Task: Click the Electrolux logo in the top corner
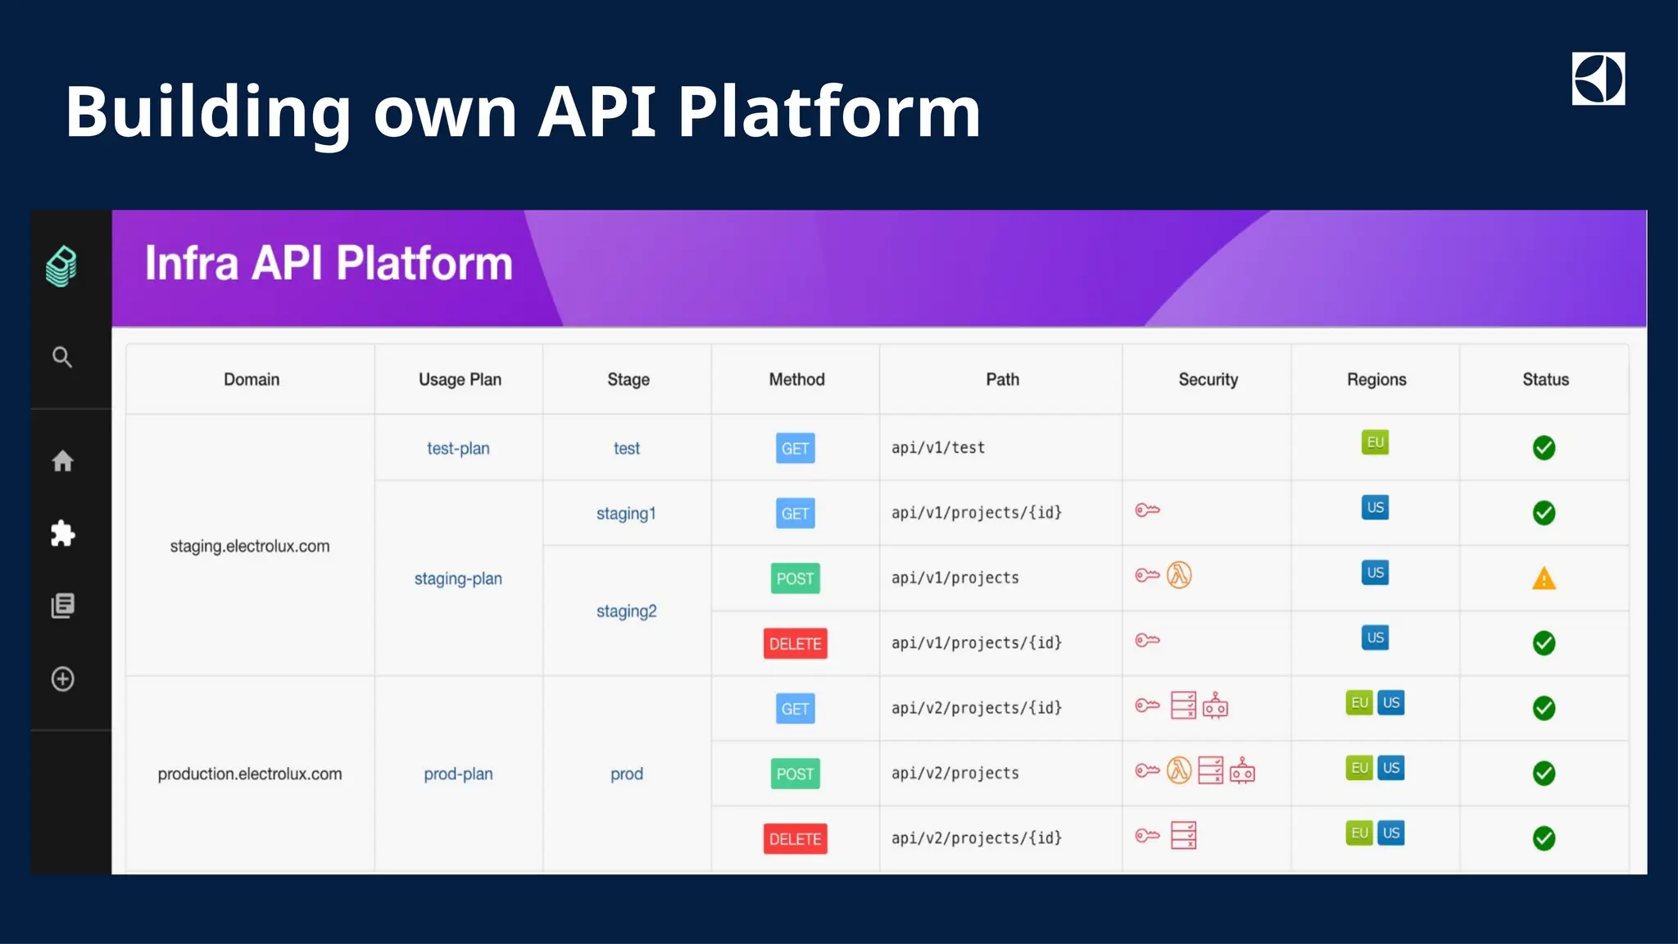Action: pyautogui.click(x=1598, y=79)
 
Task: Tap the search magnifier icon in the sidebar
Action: pyautogui.click(x=62, y=357)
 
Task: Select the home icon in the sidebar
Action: pyautogui.click(x=62, y=461)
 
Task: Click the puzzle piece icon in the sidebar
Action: pyautogui.click(x=62, y=533)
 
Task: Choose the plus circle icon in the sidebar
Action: pyautogui.click(x=62, y=679)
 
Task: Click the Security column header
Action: pyautogui.click(x=1208, y=379)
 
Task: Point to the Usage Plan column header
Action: pyautogui.click(x=460, y=379)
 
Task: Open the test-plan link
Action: pyautogui.click(x=458, y=448)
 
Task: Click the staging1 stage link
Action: pyautogui.click(x=626, y=514)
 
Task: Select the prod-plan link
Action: pyautogui.click(x=458, y=774)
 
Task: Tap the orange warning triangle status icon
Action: pyautogui.click(x=1544, y=579)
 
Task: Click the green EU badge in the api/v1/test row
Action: pyautogui.click(x=1375, y=442)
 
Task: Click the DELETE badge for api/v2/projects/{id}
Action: pyautogui.click(x=795, y=839)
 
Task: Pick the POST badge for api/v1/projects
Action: pyautogui.click(x=795, y=579)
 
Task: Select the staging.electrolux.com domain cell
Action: pyautogui.click(x=250, y=547)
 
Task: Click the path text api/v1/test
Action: pyautogui.click(x=938, y=448)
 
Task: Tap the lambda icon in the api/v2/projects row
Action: pyautogui.click(x=1178, y=770)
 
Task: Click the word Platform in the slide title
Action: pyautogui.click(x=828, y=111)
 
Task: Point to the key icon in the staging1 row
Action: pyautogui.click(x=1147, y=511)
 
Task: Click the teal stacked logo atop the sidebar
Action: pyautogui.click(x=61, y=266)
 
